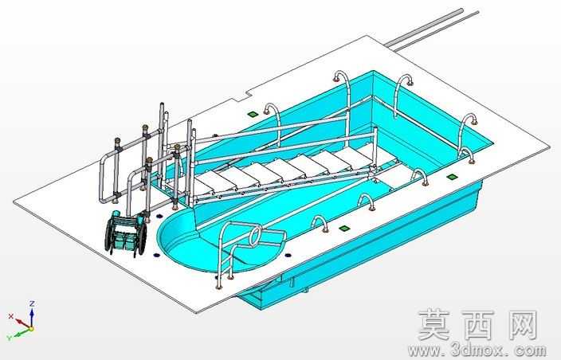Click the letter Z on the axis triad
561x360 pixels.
pyautogui.click(x=32, y=304)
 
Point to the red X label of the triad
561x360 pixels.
pyautogui.click(x=10, y=316)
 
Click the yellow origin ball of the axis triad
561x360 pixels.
pyautogui.click(x=32, y=328)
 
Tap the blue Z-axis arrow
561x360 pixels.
pyautogui.click(x=32, y=317)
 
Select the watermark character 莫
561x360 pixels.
pyautogui.click(x=434, y=325)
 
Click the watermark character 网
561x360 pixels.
pyautogui.click(x=520, y=325)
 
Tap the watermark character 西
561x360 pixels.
pyautogui.click(x=477, y=325)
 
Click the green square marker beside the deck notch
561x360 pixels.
pyautogui.click(x=253, y=114)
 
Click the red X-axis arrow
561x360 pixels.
pyautogui.click(x=22, y=322)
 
